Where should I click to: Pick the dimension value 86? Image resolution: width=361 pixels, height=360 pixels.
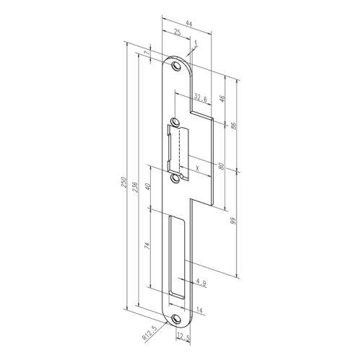[x=233, y=125]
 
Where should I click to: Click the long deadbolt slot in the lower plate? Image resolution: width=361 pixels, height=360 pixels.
[x=177, y=257]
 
